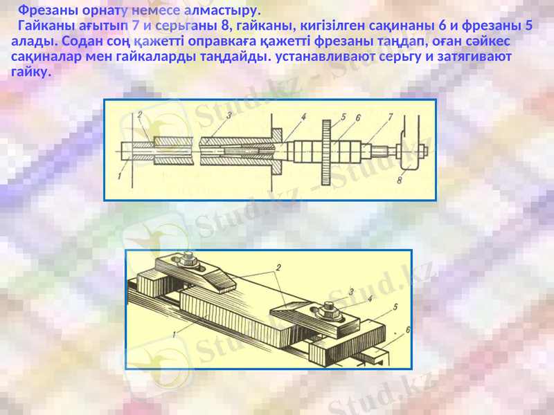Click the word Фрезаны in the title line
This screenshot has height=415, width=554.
[45, 11]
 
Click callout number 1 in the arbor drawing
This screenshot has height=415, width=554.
[120, 176]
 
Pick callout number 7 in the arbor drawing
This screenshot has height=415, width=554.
[391, 117]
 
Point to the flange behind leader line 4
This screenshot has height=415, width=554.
[274, 147]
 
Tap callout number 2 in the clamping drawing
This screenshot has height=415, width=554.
[278, 266]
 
